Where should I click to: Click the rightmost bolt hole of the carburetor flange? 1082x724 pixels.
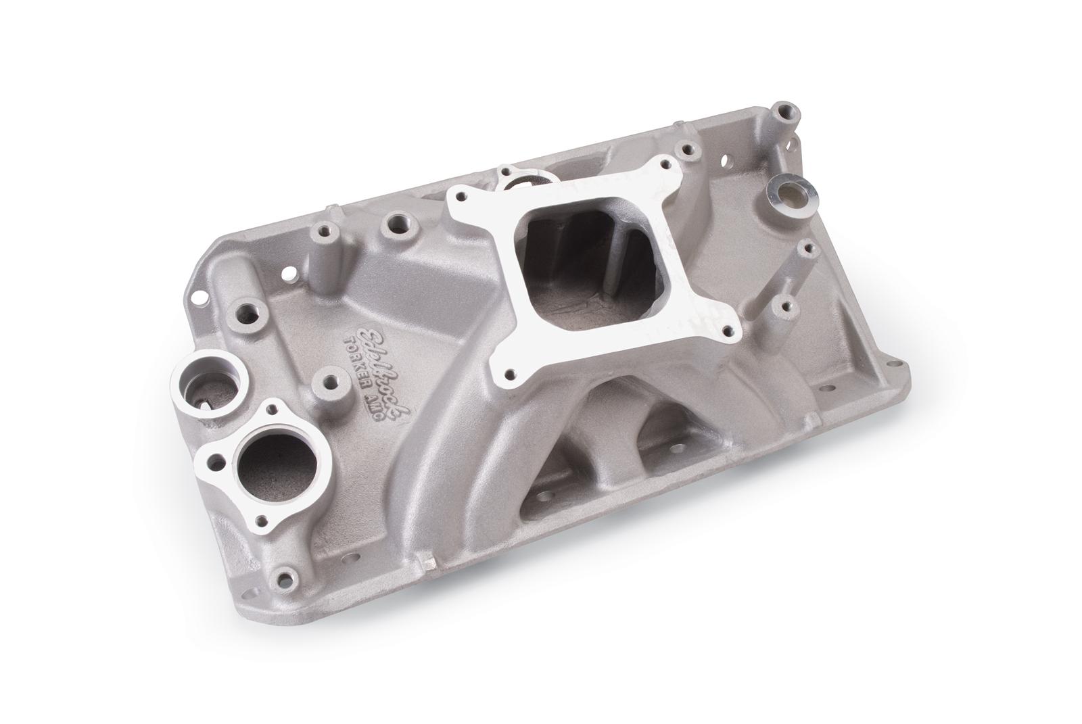coord(728,331)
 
